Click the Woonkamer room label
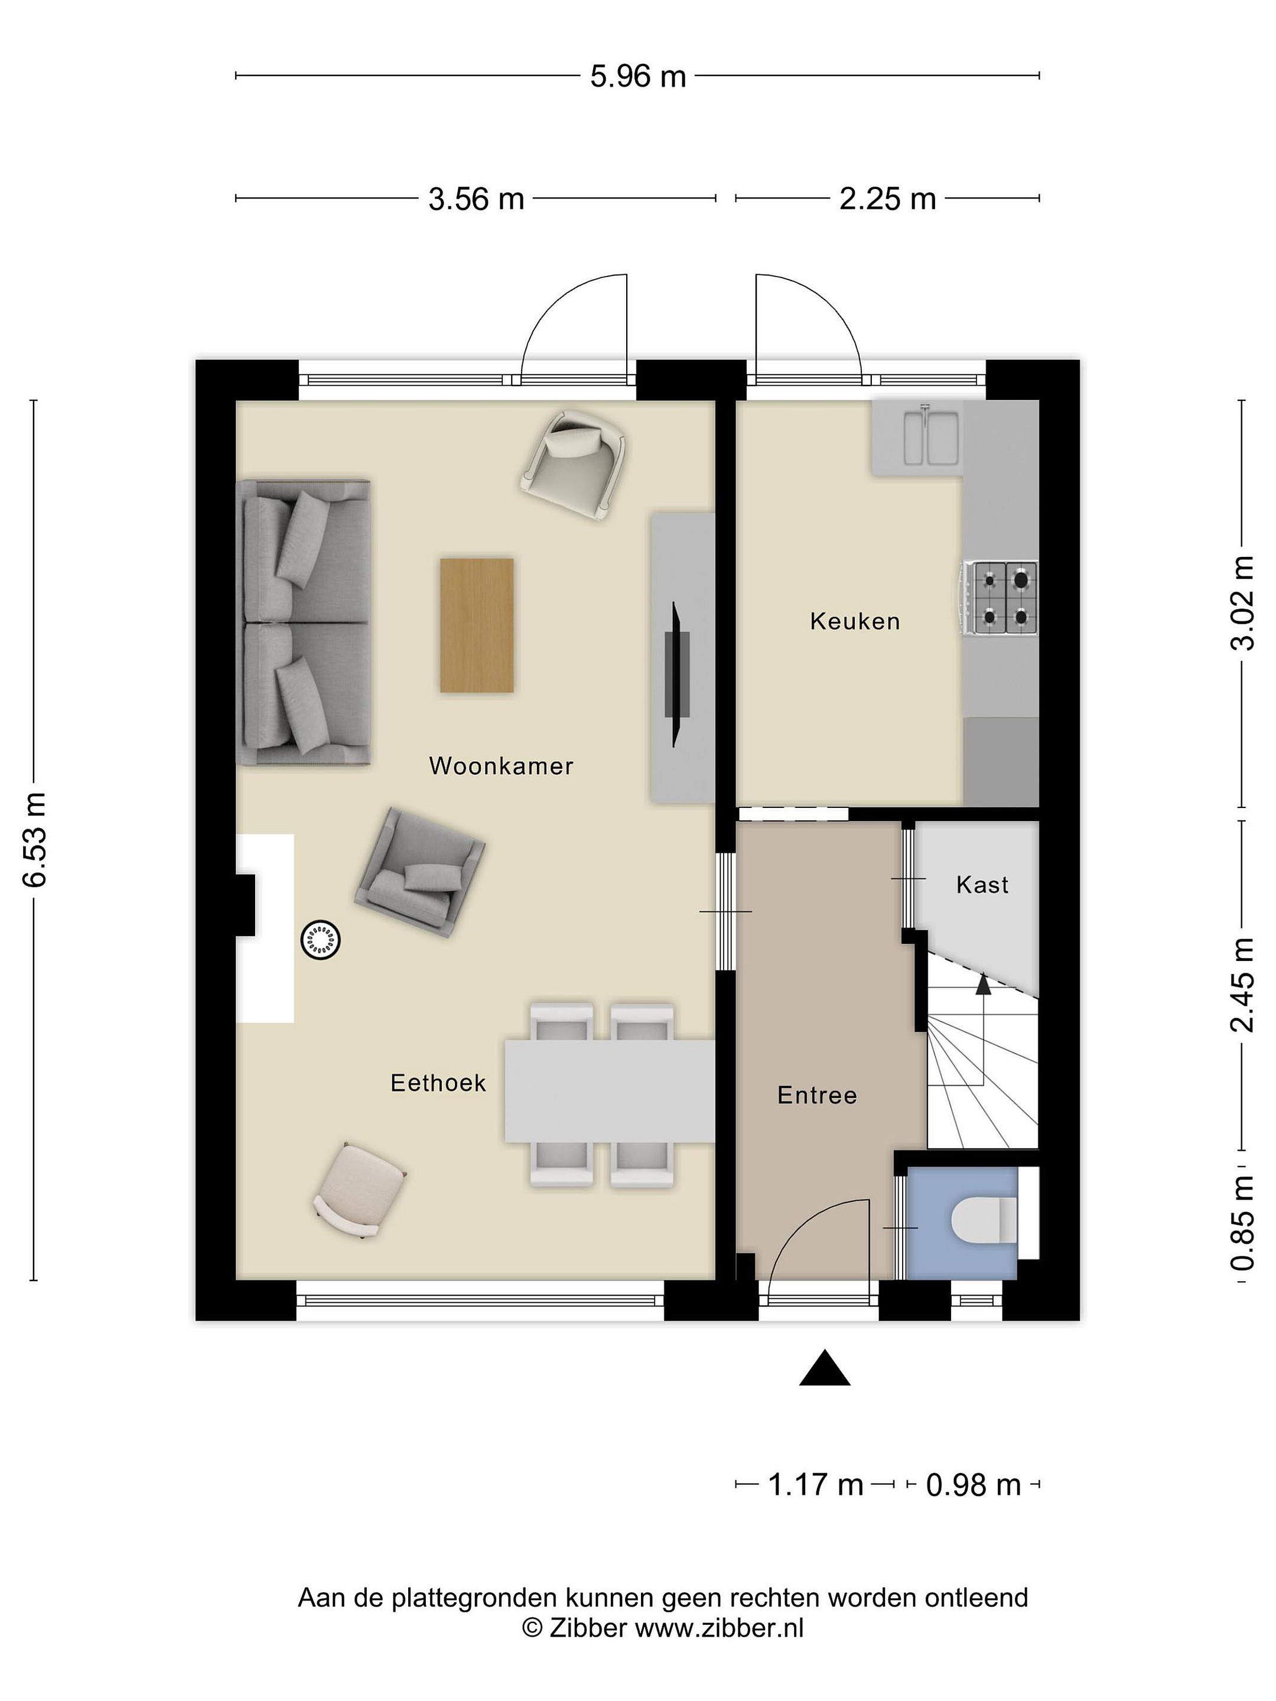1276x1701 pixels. click(x=501, y=766)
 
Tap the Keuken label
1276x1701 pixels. click(x=855, y=621)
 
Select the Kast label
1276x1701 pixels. click(x=982, y=885)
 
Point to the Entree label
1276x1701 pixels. click(x=817, y=1095)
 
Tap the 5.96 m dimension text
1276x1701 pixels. click(x=637, y=77)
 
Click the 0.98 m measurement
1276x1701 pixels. click(x=973, y=1485)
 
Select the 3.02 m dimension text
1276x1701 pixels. click(x=1243, y=603)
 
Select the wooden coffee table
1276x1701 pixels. click(x=477, y=625)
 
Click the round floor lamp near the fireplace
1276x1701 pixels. click(x=321, y=940)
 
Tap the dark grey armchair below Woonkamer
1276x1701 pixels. click(x=419, y=871)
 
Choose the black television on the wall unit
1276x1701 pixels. click(x=677, y=674)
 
